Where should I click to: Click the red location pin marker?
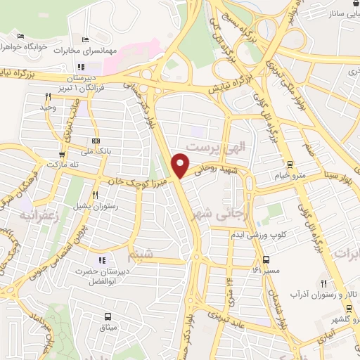tap(181, 165)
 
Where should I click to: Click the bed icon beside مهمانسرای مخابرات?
tap(86, 39)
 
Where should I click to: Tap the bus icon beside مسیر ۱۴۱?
tap(256, 269)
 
